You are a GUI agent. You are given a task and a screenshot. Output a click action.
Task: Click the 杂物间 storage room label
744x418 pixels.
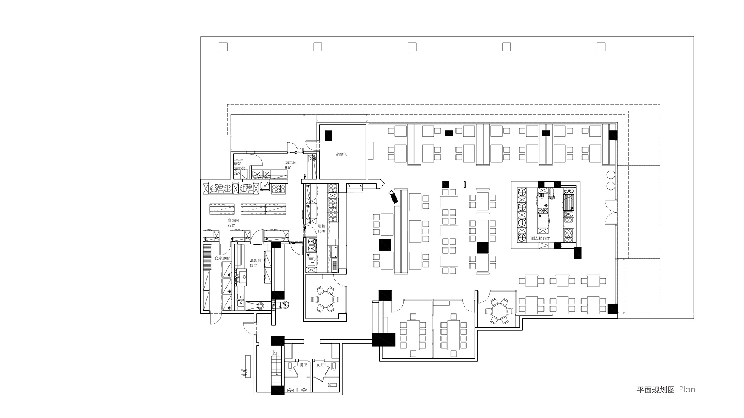tap(341, 154)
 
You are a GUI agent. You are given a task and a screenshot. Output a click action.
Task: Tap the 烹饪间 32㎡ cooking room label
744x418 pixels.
tap(233, 223)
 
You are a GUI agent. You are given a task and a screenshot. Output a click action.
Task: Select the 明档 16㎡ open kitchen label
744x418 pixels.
tap(321, 228)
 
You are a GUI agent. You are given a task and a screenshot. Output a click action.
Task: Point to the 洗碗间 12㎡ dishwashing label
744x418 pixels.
tap(255, 263)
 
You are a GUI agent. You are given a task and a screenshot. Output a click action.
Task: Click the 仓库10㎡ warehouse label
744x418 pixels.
tap(222, 258)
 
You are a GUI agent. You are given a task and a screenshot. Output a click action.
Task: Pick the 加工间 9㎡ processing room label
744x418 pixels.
tap(291, 165)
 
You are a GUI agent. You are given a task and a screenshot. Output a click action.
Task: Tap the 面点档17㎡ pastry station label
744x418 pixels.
tap(540, 238)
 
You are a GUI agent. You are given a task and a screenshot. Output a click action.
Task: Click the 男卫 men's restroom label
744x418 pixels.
tap(303, 365)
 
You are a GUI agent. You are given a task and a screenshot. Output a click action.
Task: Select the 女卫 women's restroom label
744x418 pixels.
tap(320, 365)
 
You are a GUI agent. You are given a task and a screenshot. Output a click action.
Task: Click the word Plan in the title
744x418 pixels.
tap(687, 389)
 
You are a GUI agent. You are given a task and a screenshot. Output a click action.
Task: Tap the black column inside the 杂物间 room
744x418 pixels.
tap(328, 136)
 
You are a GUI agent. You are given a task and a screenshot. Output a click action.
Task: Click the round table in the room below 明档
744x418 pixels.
tap(325, 299)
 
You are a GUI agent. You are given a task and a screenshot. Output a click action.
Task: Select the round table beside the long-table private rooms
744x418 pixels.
tap(499, 311)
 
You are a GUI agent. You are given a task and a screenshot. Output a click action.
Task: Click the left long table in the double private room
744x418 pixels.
tap(412, 335)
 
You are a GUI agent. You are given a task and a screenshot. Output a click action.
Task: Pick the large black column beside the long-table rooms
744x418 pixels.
tap(384, 340)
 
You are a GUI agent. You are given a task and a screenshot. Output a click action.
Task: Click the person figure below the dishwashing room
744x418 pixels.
tap(286, 305)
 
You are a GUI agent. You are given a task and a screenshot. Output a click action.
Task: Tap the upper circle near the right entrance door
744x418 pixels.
tap(610, 175)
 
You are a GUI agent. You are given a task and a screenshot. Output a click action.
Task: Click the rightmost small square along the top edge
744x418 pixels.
tap(600, 47)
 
